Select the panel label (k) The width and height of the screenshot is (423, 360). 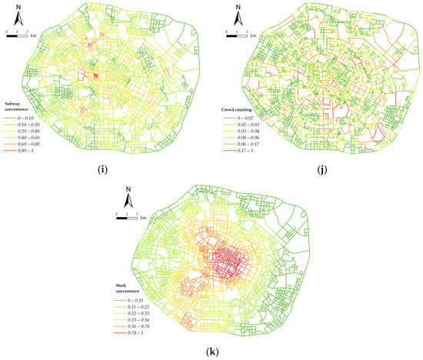tap(212, 351)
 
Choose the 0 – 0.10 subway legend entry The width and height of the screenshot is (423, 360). tap(26, 116)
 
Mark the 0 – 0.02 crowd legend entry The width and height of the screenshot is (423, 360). tap(248, 118)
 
